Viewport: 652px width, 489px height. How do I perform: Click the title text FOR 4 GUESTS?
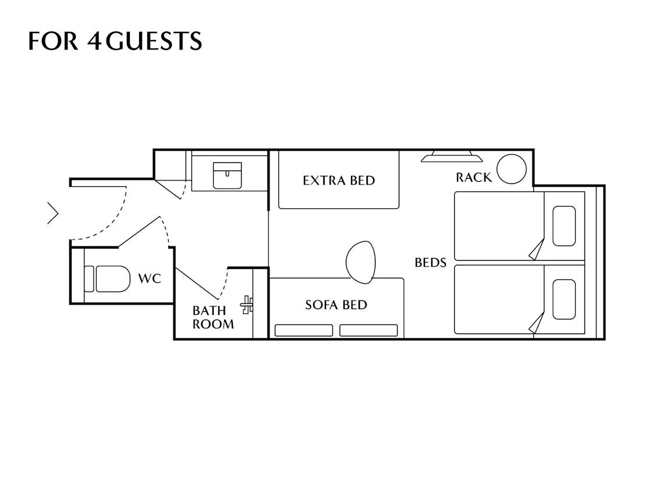tap(115, 41)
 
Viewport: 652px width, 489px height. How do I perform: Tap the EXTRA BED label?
tap(339, 180)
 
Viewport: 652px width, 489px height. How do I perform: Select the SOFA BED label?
tap(336, 305)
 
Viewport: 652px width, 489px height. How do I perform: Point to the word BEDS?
tap(431, 263)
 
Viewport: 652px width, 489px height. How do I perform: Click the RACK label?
tap(474, 178)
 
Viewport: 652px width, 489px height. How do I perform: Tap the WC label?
tap(150, 278)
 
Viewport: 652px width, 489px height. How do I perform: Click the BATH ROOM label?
tap(213, 317)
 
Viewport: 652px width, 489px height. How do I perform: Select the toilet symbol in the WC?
tap(107, 279)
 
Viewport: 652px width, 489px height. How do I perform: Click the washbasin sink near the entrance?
tap(227, 175)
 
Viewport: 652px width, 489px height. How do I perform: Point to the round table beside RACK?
tap(512, 169)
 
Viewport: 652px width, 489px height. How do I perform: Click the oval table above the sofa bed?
tap(360, 263)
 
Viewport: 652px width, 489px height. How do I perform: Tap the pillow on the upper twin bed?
tap(564, 226)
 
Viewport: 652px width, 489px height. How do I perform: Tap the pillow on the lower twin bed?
tap(564, 299)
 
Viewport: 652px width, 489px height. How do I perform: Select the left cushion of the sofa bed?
tap(304, 330)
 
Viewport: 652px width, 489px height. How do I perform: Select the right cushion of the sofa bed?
tap(368, 330)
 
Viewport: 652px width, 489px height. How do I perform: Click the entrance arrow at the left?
tap(53, 213)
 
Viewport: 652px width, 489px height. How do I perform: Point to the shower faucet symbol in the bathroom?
tap(247, 305)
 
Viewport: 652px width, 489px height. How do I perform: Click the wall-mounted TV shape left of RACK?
tap(452, 157)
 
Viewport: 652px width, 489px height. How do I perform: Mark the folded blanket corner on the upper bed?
tap(537, 249)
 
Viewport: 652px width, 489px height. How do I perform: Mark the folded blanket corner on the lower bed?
tap(537, 323)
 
